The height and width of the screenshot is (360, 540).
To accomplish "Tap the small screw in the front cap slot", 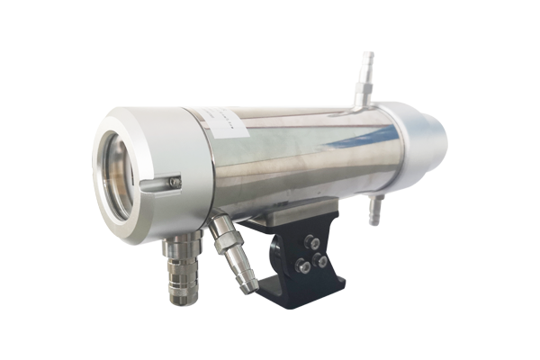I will pos(175,183).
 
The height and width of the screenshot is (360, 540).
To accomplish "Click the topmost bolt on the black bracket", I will pos(312,240).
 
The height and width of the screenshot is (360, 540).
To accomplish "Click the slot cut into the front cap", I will pos(157,184).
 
